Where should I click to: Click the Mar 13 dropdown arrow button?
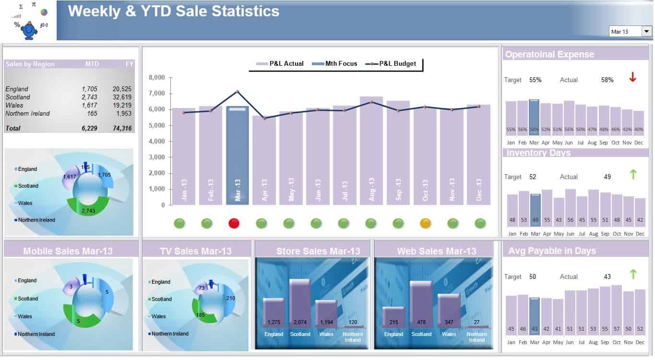click(x=647, y=31)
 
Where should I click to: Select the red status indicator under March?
click(x=234, y=223)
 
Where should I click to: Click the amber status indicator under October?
click(x=425, y=223)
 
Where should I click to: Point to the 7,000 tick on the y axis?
click(x=157, y=94)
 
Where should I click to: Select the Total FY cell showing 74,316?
click(x=122, y=128)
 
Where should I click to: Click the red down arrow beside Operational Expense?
click(x=632, y=77)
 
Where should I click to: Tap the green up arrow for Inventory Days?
click(x=633, y=174)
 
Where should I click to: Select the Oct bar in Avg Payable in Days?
click(x=617, y=309)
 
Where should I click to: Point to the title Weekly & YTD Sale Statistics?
click(x=173, y=11)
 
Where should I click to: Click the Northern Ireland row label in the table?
click(x=27, y=113)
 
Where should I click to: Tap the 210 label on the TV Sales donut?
click(x=230, y=298)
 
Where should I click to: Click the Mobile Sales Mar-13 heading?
click(x=68, y=251)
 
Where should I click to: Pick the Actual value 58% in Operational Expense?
click(x=607, y=80)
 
